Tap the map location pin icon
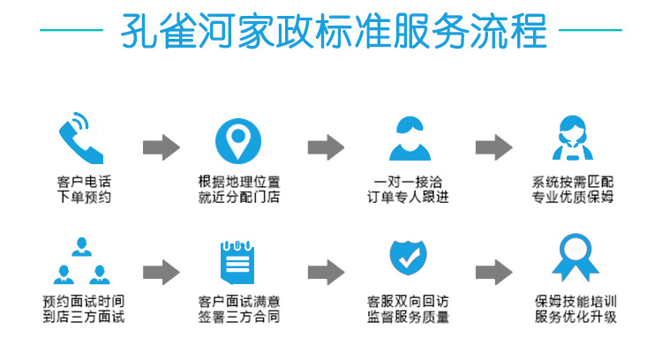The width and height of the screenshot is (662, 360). (x=239, y=139)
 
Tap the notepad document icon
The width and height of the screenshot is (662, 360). (x=239, y=259)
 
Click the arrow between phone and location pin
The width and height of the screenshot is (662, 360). (x=161, y=147)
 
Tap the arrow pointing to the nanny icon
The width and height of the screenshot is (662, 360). (x=493, y=147)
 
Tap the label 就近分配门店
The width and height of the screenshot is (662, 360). (x=239, y=198)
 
